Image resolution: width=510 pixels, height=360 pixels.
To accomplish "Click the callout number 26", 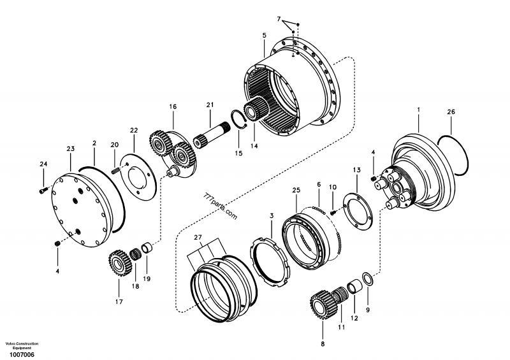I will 451,112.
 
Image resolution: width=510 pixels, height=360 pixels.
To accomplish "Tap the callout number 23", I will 71,148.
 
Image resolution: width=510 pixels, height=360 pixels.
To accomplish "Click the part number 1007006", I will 22,354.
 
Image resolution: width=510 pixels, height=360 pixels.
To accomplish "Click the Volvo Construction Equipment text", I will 22,345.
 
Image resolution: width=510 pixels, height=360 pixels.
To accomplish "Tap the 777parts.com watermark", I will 221,206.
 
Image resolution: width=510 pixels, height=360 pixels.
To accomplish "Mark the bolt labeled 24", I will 43,189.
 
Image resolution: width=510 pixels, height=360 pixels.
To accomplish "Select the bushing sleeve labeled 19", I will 147,247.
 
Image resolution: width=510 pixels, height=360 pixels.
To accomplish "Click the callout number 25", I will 296,190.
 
